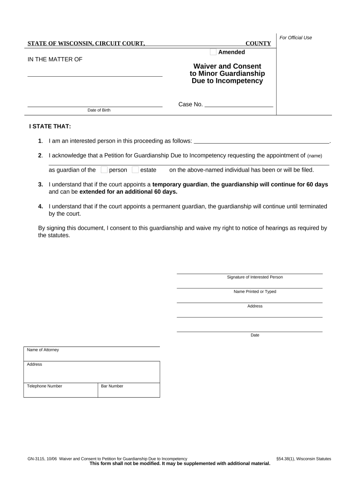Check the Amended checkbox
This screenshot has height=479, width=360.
[x=213, y=52]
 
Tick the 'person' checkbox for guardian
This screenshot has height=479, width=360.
[x=104, y=170]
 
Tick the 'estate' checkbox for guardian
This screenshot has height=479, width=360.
[x=135, y=170]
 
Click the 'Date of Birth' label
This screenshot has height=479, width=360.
[x=99, y=110]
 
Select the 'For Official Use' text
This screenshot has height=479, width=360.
[x=295, y=37]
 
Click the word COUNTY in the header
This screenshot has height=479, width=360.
[x=258, y=44]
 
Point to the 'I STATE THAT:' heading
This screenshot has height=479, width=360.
[x=50, y=127]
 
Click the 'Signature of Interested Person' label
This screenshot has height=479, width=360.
[x=255, y=277]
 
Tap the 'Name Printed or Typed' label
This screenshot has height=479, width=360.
[x=255, y=291]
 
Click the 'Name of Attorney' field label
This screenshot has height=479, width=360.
[x=43, y=350]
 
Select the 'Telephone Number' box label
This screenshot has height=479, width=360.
[x=44, y=386]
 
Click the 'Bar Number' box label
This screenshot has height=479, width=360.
[x=112, y=386]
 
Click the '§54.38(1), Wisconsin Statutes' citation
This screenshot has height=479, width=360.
[x=304, y=459]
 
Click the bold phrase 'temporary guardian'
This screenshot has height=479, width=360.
[x=180, y=184]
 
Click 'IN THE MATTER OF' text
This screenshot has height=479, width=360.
[x=55, y=59]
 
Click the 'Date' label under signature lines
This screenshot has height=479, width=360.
[x=255, y=335]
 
